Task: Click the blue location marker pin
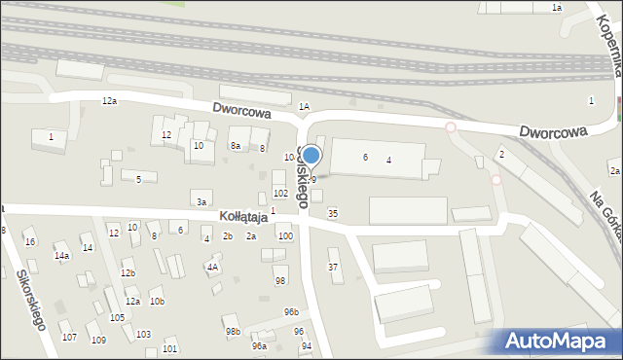[311, 156]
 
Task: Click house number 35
[333, 213]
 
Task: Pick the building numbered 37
[333, 267]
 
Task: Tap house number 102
[280, 194]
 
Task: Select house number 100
[284, 236]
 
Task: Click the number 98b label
[233, 332]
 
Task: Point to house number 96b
[291, 311]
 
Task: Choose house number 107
[69, 337]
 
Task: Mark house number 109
[98, 340]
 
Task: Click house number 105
[117, 317]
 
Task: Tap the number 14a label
[61, 256]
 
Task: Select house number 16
[30, 241]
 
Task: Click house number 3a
[202, 201]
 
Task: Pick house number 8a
[235, 146]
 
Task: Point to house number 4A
[211, 266]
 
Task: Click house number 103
[143, 334]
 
